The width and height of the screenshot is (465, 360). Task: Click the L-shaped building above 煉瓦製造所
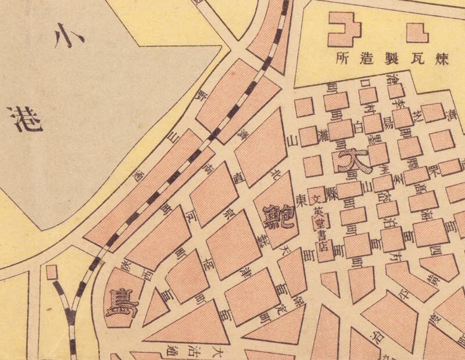pyautogui.click(x=417, y=33)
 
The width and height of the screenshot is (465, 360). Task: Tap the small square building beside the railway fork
pyautogui.click(x=51, y=271)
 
